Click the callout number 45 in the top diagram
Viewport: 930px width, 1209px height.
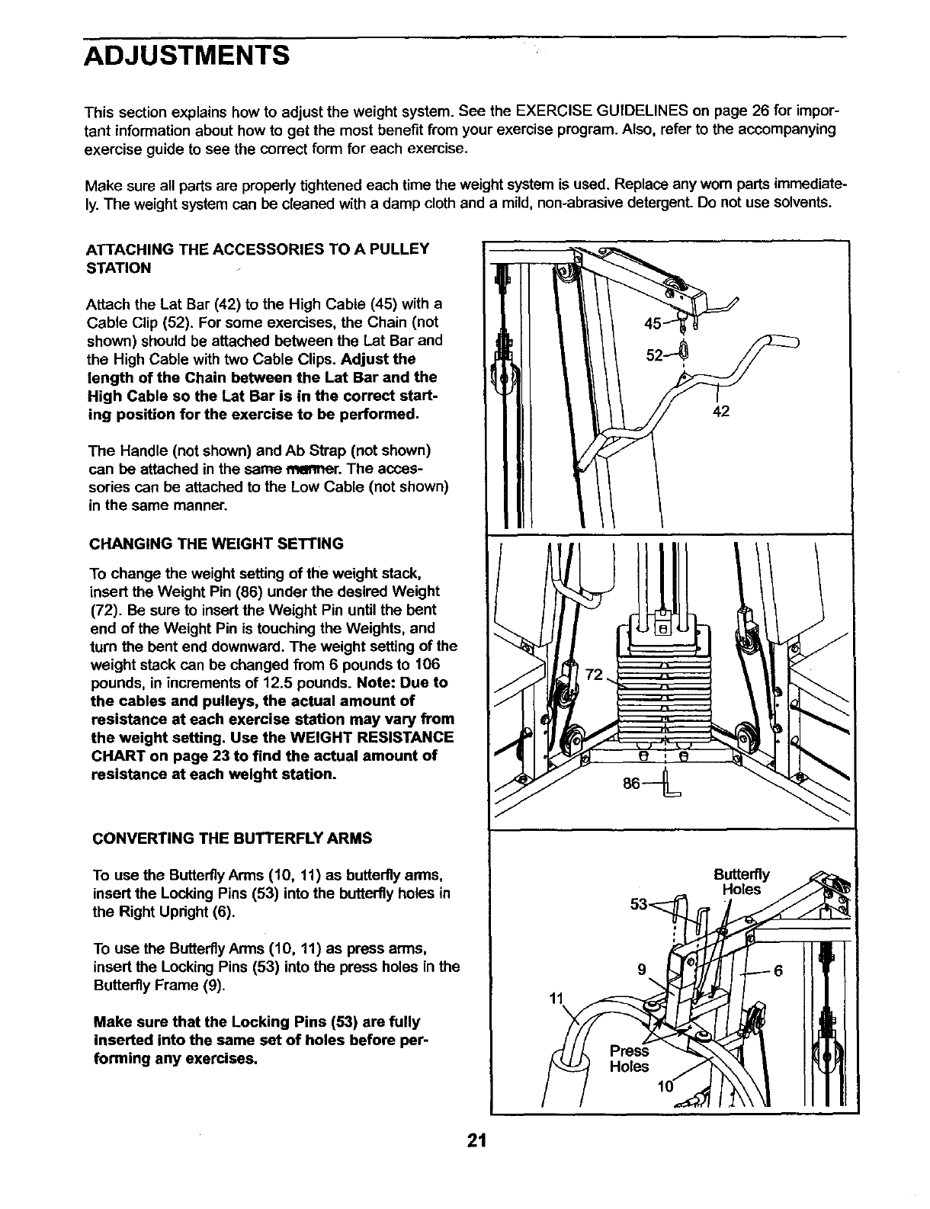tap(653, 323)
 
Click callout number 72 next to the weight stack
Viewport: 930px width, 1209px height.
tap(594, 674)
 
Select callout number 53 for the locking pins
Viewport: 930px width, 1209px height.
tap(639, 905)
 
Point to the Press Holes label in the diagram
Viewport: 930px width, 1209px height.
tap(630, 1059)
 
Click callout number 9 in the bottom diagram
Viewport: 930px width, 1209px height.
tap(643, 970)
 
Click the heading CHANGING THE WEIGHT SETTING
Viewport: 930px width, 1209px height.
tap(216, 544)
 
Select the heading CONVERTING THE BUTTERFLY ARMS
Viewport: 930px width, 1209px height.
tap(232, 839)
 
